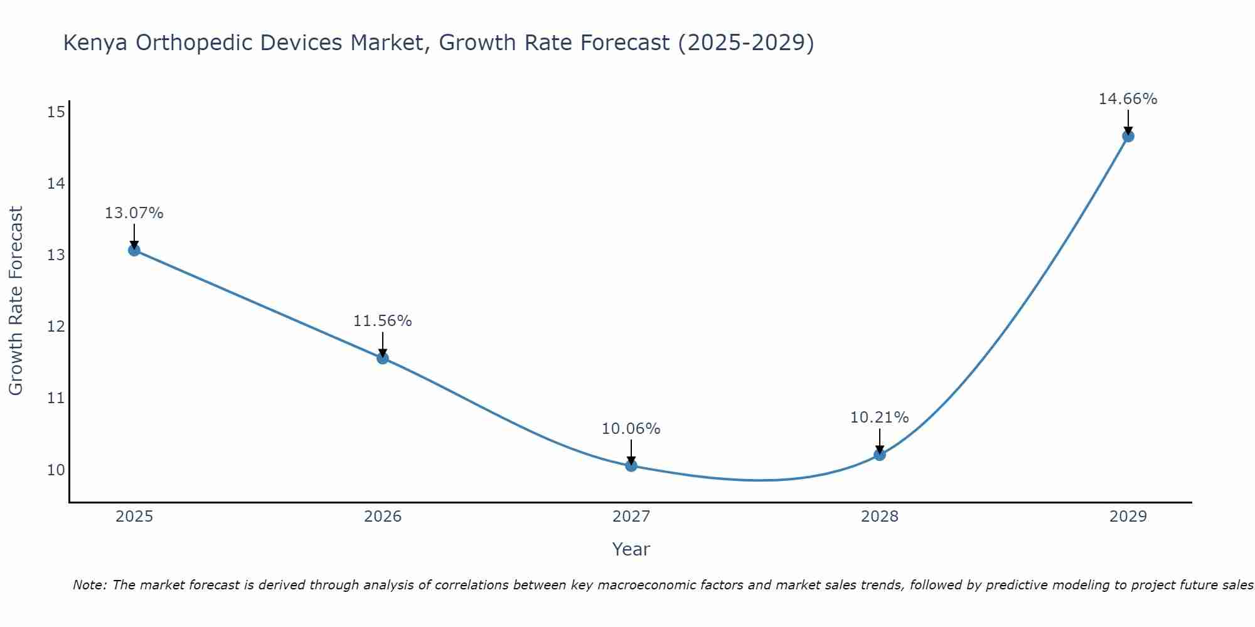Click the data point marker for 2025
(134, 250)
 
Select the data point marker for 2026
(383, 358)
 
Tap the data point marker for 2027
(631, 465)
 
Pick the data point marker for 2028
(880, 455)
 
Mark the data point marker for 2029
(1128, 136)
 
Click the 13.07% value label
(134, 213)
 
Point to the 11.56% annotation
(382, 321)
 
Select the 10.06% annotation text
(631, 429)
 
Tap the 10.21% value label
(879, 418)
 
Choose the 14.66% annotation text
(1128, 99)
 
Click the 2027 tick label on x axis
(631, 517)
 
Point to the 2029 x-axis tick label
(1128, 517)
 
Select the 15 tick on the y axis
(56, 112)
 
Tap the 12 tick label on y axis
(56, 327)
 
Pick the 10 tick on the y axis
(56, 470)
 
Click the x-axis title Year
(631, 549)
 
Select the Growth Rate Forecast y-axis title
(16, 301)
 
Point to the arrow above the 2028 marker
(880, 441)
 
